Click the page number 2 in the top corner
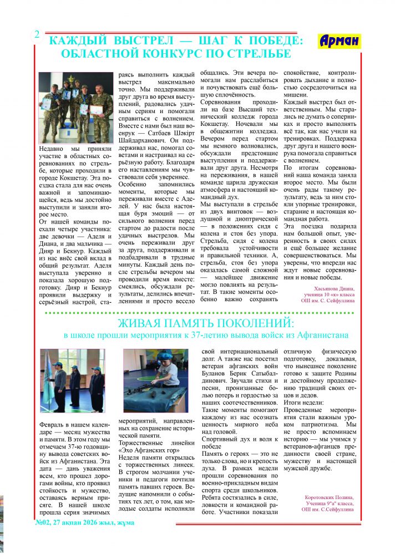(x=37, y=34)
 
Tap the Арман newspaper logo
(x=340, y=40)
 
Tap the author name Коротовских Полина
(x=329, y=497)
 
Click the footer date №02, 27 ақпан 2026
(x=84, y=522)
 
